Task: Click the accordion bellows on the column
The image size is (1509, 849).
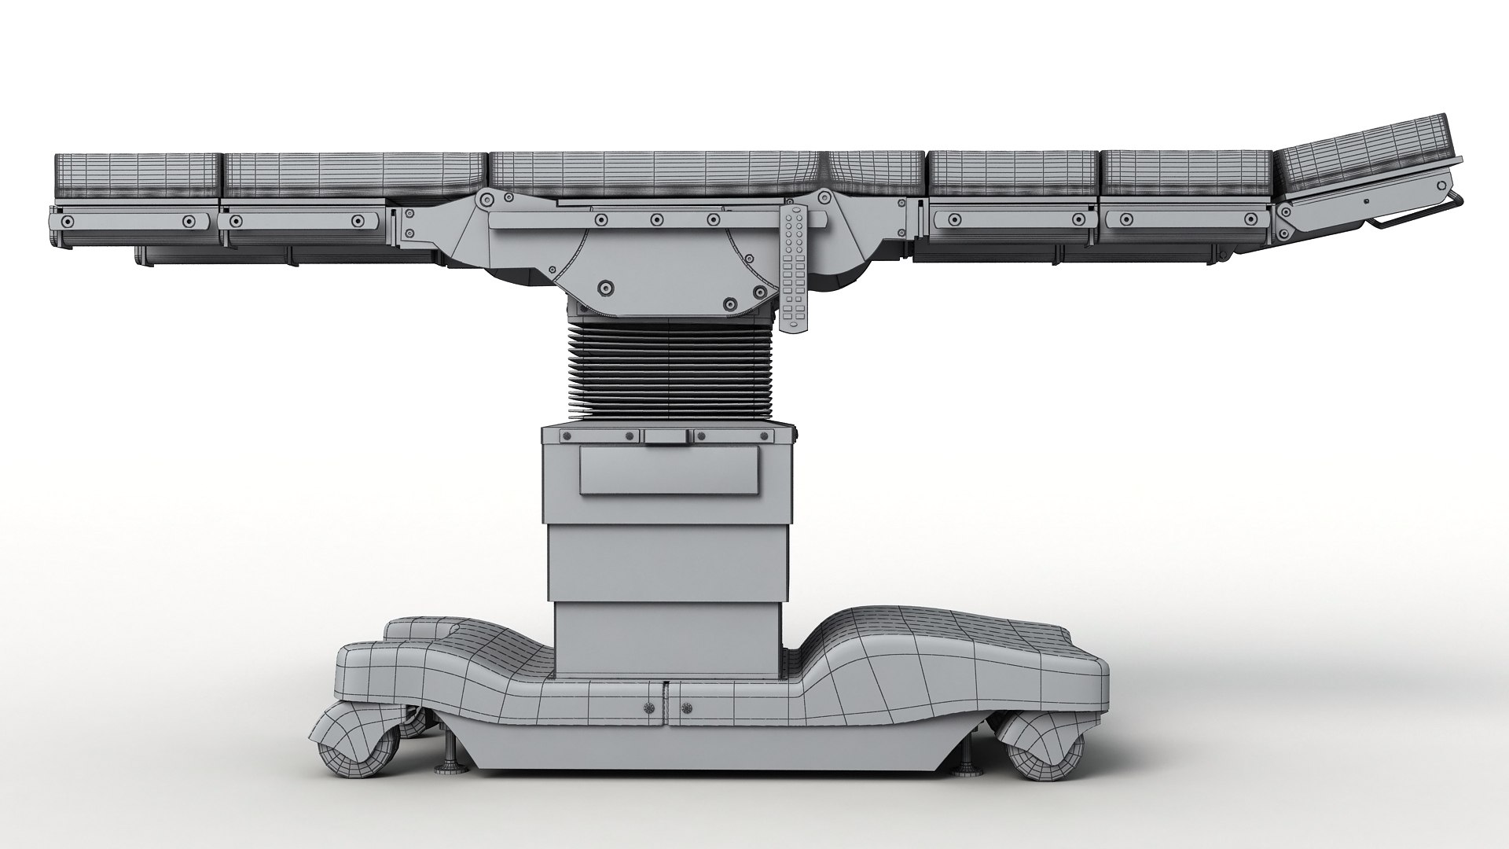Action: (666, 373)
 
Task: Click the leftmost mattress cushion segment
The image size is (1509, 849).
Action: (135, 177)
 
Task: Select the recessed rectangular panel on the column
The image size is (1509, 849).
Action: (670, 470)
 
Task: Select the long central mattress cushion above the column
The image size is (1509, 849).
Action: (656, 175)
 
